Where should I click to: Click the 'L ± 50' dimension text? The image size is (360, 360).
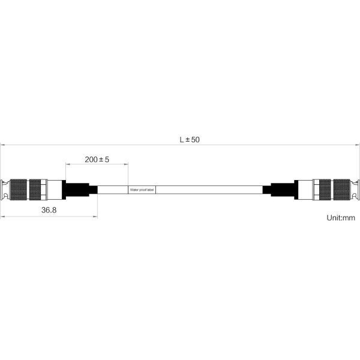(x=190, y=140)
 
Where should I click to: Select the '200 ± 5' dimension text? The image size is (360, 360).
(x=97, y=160)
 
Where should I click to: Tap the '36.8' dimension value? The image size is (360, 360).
(x=49, y=209)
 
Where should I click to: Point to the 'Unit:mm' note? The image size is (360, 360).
(x=341, y=217)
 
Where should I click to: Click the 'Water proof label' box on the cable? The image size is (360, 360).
(x=142, y=190)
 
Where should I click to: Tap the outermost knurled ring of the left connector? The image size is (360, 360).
(x=19, y=190)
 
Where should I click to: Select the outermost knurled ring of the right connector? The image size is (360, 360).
(x=342, y=190)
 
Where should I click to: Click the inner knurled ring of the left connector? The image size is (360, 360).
(x=35, y=190)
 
